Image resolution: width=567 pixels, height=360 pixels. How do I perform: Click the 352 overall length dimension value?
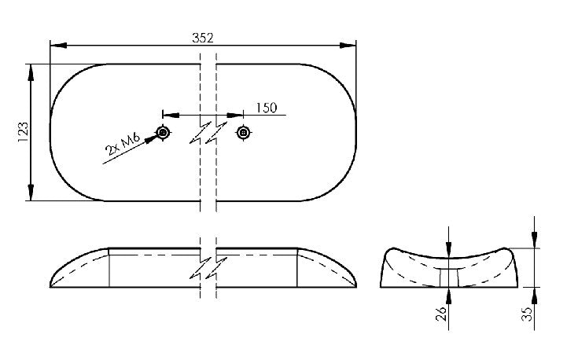pos(202,37)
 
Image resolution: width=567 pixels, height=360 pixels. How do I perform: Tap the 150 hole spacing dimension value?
pos(265,108)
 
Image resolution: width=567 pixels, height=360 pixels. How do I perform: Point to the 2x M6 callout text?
pos(121,147)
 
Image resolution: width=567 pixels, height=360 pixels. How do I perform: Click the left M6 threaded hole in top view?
pos(163,132)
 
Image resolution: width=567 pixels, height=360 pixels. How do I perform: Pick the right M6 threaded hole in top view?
pos(243,132)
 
